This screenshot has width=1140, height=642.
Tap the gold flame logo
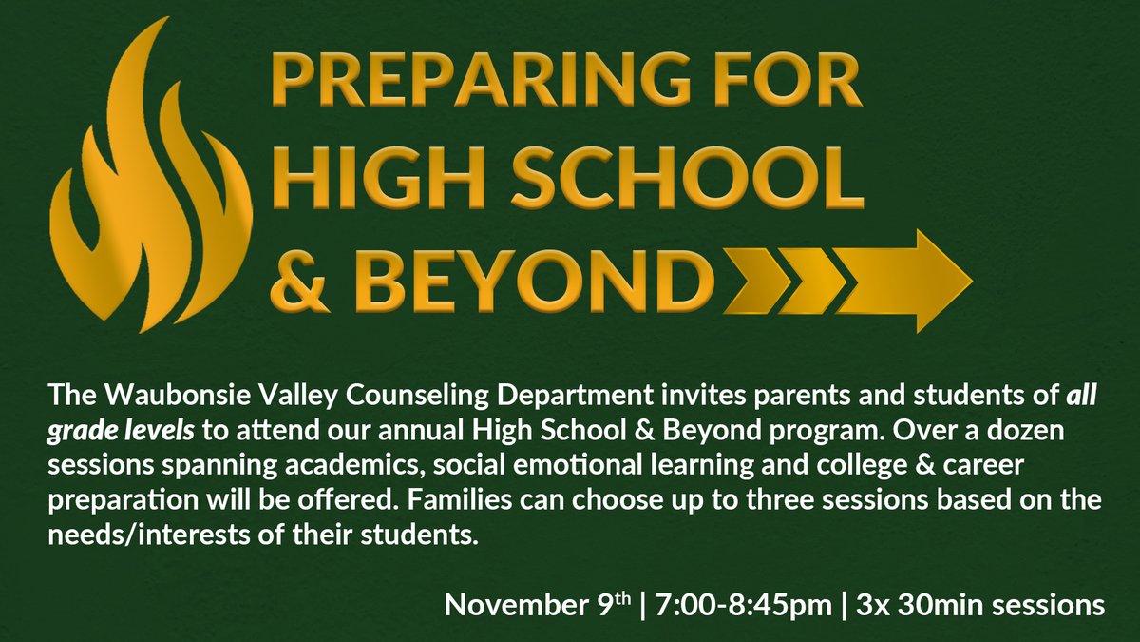(x=147, y=181)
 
